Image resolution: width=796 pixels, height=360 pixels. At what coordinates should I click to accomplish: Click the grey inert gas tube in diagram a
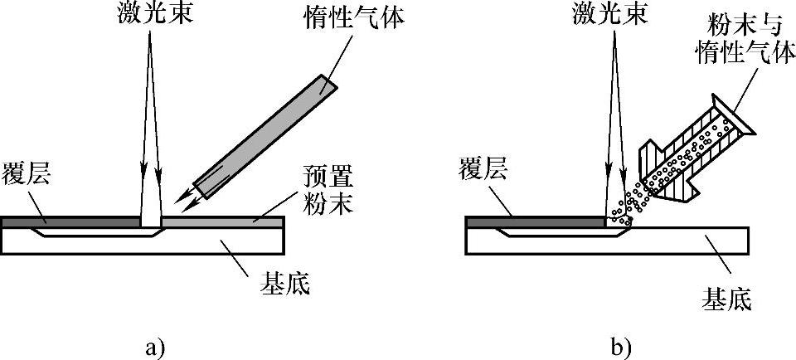265,132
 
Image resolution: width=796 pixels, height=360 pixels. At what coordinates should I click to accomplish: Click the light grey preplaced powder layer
224,222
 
